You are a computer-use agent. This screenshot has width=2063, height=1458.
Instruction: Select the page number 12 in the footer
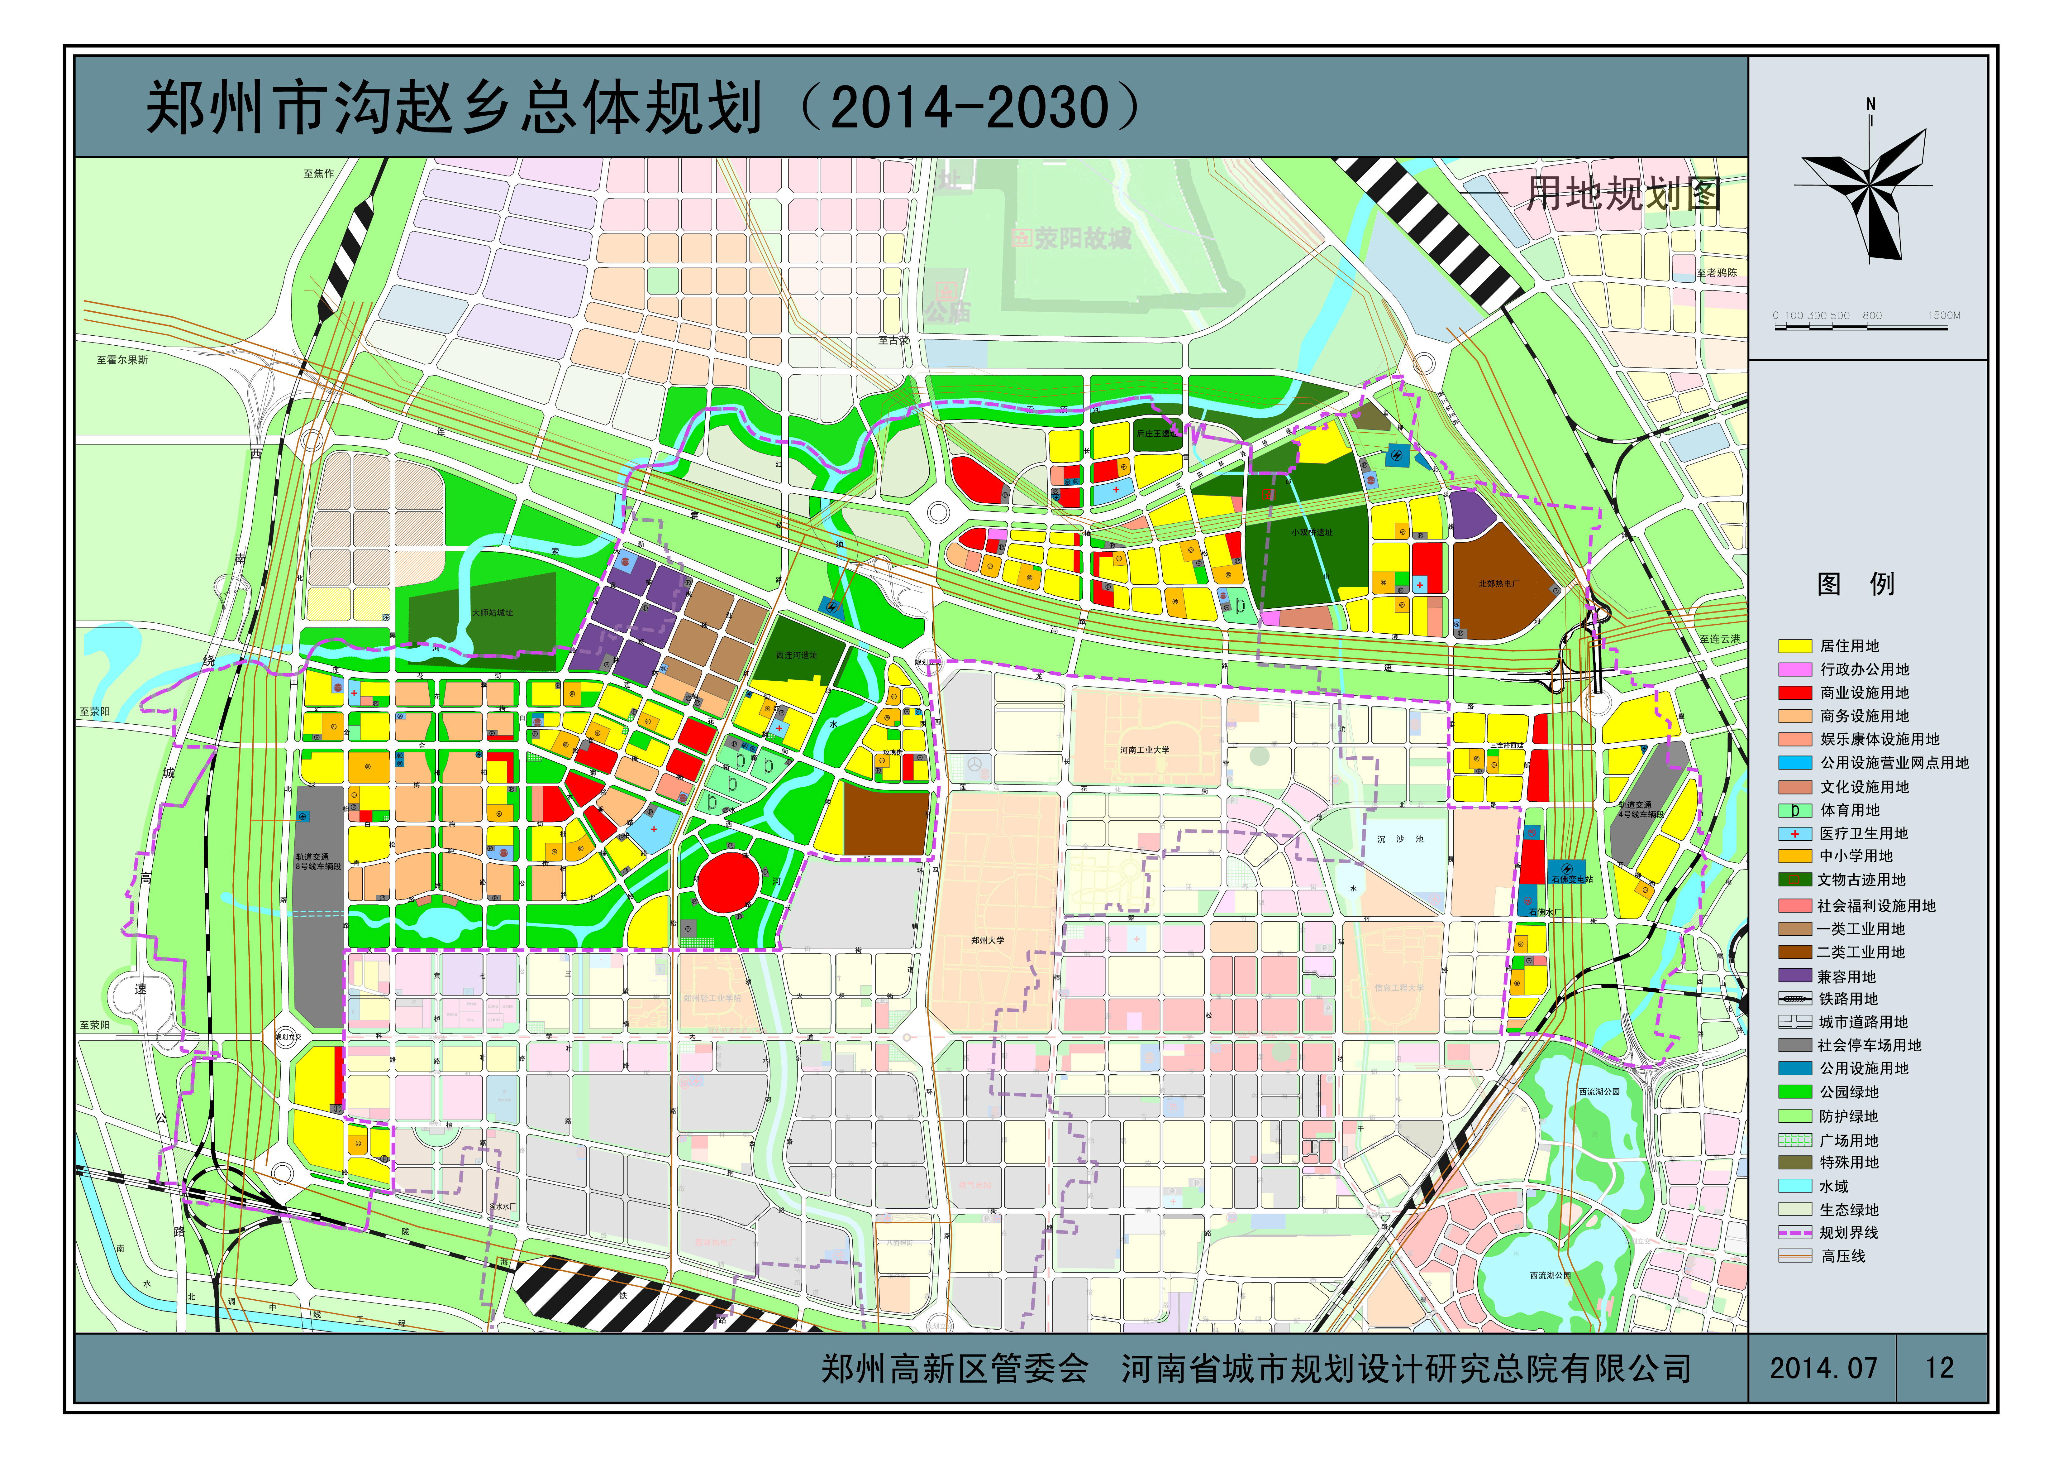tap(1939, 1368)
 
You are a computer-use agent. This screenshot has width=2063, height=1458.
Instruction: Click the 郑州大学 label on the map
tap(988, 940)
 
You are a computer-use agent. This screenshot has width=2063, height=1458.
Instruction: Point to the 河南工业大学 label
tap(1145, 750)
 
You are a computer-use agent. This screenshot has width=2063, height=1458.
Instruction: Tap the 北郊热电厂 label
tap(1499, 584)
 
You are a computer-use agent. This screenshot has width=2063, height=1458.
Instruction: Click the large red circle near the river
tap(728, 884)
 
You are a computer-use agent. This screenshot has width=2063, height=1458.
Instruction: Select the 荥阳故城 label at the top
tap(1081, 238)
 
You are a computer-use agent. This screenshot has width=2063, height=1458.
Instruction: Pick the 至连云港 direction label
tap(1719, 639)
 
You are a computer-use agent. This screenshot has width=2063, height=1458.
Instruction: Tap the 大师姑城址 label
tap(493, 613)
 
